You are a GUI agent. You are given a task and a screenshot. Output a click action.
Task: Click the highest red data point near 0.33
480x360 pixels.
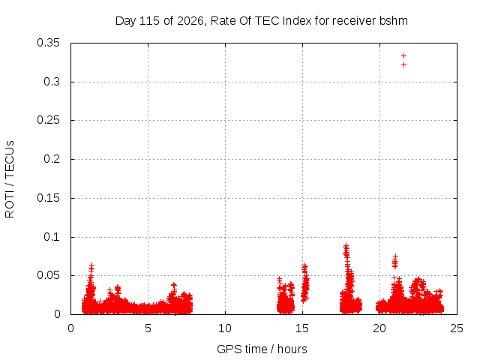[x=403, y=56]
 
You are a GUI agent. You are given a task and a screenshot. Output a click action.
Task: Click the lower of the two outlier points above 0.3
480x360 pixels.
[x=403, y=65]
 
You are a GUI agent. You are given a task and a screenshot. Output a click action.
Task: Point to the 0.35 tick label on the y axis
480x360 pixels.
[x=48, y=43]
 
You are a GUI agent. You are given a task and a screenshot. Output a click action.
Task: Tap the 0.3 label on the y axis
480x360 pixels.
[x=52, y=82]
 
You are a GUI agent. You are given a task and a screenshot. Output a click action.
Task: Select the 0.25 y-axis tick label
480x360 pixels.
[x=48, y=120]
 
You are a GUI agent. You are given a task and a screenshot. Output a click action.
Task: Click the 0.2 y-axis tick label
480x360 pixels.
[x=52, y=159]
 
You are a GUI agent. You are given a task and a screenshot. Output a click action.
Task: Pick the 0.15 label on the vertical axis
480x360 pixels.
[x=48, y=198]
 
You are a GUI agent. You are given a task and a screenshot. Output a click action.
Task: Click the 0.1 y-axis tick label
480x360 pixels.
[x=52, y=237]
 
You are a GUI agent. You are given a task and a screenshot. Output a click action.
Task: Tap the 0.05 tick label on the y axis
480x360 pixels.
[x=48, y=275]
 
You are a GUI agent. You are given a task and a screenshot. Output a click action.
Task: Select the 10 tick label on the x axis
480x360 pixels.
[x=225, y=328]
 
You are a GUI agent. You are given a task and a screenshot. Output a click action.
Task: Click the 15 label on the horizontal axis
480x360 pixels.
[x=302, y=328]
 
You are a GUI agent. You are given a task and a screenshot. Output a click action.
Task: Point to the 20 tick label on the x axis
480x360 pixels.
[x=379, y=328]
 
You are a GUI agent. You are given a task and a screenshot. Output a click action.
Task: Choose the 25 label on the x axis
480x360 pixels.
[x=457, y=328]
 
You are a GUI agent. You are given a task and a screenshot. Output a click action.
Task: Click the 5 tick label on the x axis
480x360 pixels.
[x=148, y=328]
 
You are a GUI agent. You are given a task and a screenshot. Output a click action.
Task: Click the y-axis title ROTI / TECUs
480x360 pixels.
[x=10, y=179]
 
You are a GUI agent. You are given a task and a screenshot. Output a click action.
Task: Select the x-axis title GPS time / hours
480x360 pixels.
[x=262, y=349]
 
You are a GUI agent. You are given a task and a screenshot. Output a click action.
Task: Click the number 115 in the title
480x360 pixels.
[x=149, y=21]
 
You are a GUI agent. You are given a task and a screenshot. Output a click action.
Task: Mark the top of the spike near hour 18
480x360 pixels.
[x=346, y=245]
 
